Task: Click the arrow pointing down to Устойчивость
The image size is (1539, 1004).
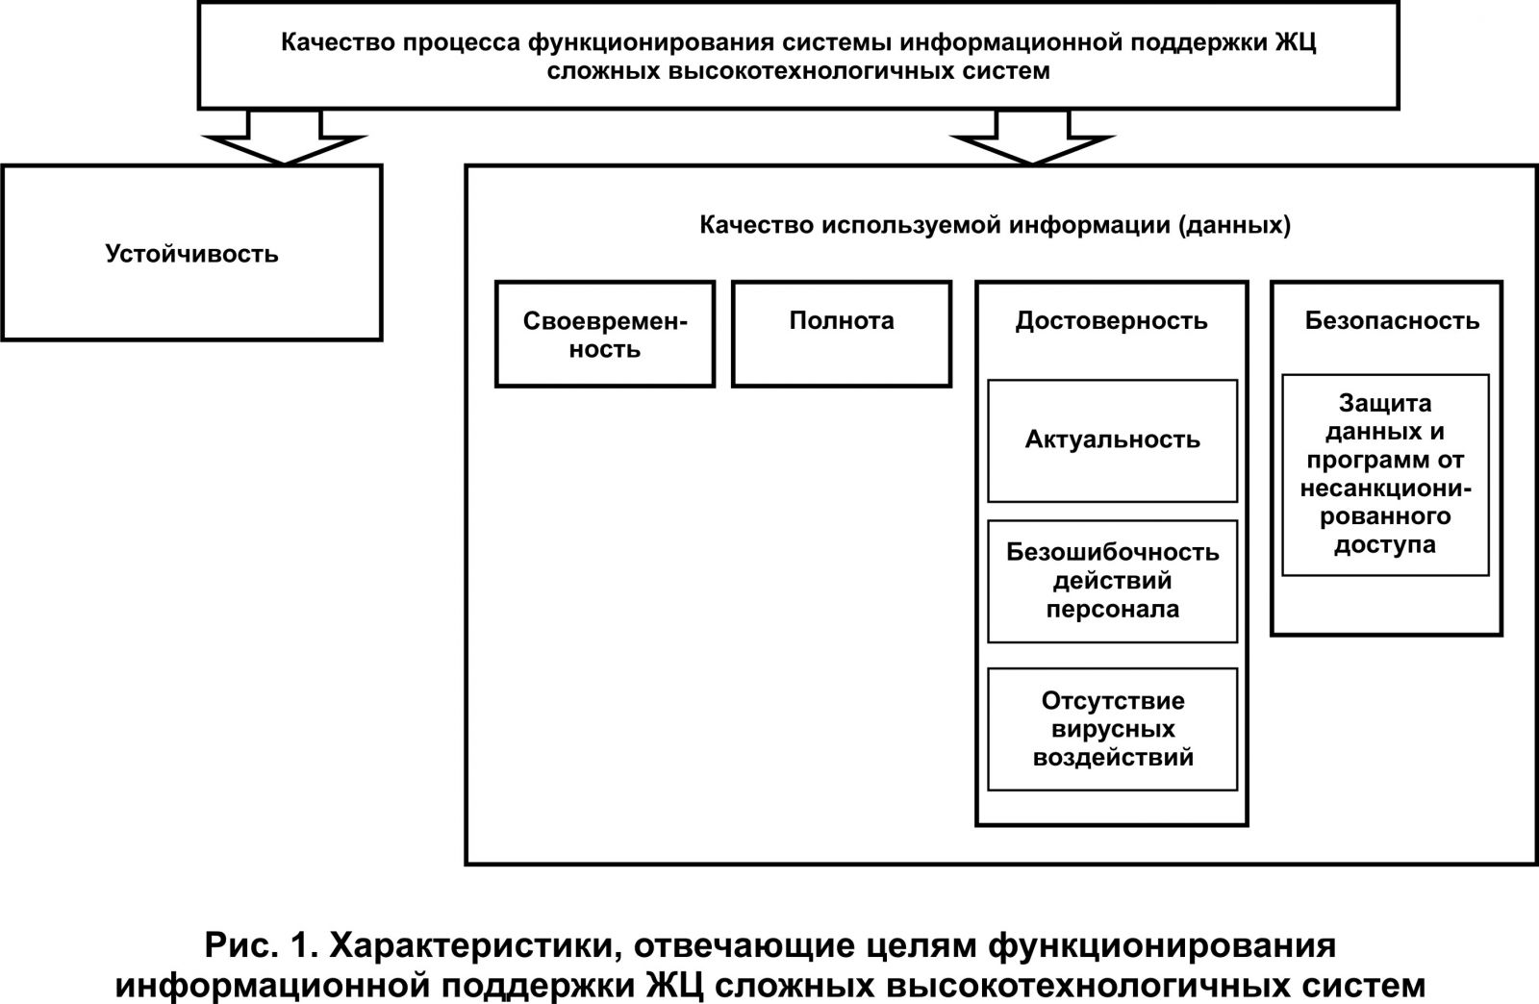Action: click(284, 138)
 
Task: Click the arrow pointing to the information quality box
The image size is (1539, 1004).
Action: click(1032, 138)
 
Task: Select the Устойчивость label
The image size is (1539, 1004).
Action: click(191, 254)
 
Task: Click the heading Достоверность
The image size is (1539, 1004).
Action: click(1112, 320)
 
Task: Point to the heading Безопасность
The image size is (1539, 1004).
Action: click(1392, 320)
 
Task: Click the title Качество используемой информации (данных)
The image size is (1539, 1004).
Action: click(995, 225)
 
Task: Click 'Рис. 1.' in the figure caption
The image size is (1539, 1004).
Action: click(262, 945)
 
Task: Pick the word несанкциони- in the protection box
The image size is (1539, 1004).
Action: click(1386, 489)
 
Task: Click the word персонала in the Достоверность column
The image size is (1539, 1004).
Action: click(1112, 609)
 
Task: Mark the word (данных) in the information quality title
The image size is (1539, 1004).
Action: click(1235, 225)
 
